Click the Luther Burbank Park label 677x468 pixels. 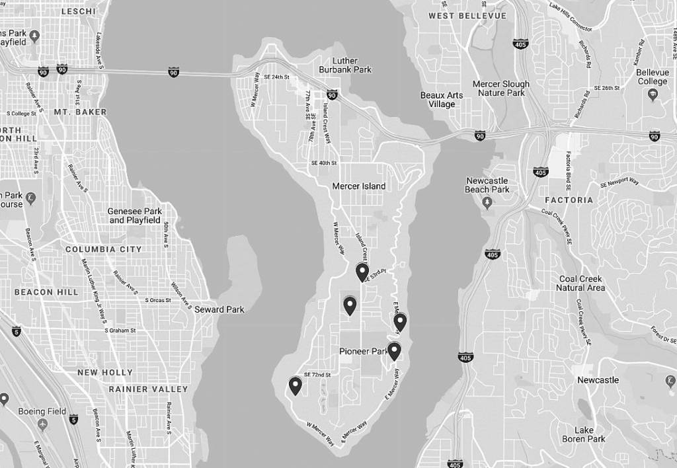[345, 65]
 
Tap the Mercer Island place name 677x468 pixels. [358, 186]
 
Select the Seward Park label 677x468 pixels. [219, 309]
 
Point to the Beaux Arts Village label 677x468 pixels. [442, 100]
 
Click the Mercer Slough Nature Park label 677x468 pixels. [501, 89]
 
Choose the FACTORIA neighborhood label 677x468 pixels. [569, 200]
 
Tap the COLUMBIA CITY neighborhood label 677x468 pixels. [103, 249]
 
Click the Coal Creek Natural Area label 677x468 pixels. [580, 283]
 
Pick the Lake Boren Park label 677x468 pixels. [584, 434]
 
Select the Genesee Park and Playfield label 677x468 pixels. [135, 215]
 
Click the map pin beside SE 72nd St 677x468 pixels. [295, 385]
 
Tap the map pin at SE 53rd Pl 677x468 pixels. [362, 271]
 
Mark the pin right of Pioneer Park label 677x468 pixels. [394, 350]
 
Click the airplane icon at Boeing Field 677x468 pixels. [43, 424]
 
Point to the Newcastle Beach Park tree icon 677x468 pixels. [487, 202]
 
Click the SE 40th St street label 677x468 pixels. [324, 163]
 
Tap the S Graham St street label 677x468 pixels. [120, 331]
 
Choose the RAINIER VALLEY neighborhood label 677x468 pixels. [148, 389]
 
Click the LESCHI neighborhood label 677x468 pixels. [78, 11]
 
